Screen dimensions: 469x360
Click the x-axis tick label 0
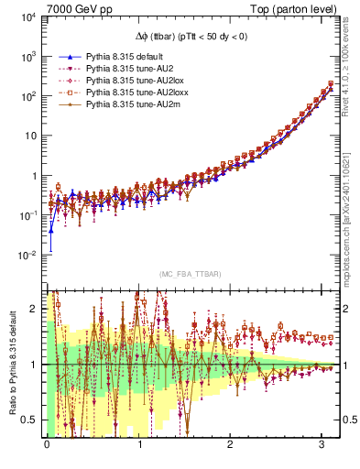(47, 444)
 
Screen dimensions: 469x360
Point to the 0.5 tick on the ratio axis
(29, 420)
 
